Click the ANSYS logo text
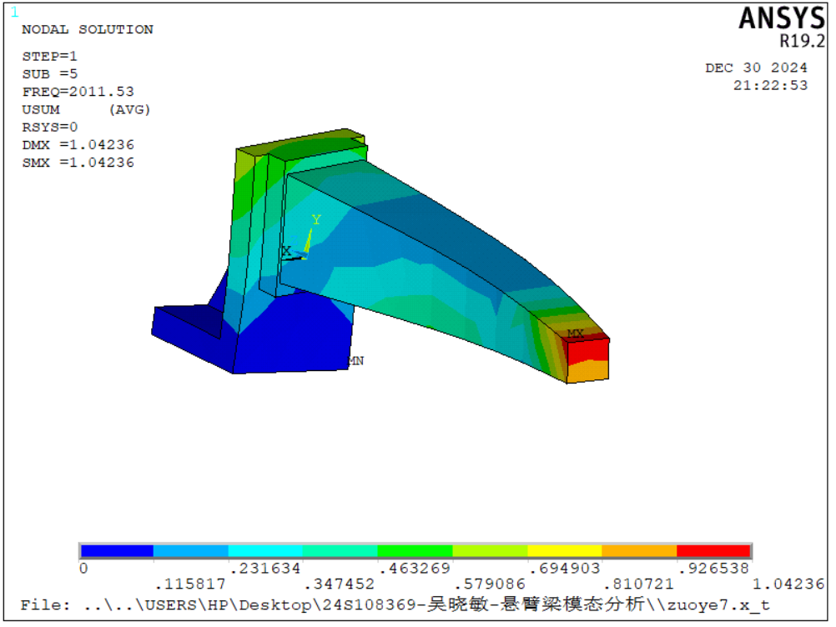pyautogui.click(x=782, y=18)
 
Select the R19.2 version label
pyautogui.click(x=802, y=41)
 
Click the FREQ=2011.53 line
pyautogui.click(x=78, y=92)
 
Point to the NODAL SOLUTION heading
pyautogui.click(x=88, y=29)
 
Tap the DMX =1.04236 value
pyautogui.click(x=78, y=145)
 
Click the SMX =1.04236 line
pyautogui.click(x=78, y=163)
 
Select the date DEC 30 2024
pyautogui.click(x=756, y=68)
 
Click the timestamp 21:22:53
pyautogui.click(x=770, y=85)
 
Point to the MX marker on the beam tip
pyautogui.click(x=576, y=334)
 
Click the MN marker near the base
pyautogui.click(x=356, y=361)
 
